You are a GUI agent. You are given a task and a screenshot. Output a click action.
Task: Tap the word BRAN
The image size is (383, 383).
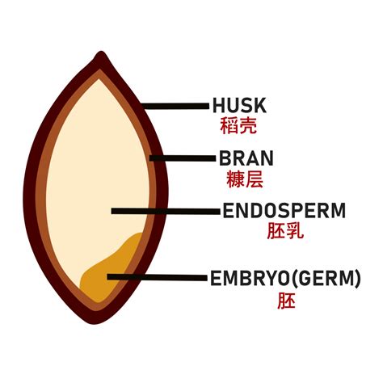pos(246,157)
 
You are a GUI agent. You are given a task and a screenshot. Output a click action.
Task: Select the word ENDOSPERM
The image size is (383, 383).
pos(284,212)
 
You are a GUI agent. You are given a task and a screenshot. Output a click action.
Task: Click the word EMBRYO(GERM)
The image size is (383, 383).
pos(285,280)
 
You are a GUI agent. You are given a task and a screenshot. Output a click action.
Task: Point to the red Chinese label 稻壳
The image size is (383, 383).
pos(238,126)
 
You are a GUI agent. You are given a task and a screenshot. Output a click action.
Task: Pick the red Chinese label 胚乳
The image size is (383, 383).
pos(284,232)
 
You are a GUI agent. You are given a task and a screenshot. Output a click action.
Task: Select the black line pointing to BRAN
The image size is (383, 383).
pos(182,157)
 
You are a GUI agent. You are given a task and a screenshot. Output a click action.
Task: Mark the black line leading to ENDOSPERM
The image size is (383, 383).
pos(166,212)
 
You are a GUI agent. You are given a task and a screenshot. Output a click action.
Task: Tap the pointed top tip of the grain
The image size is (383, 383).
pos(101,56)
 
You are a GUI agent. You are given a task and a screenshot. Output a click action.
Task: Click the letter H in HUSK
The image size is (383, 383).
pos(219,105)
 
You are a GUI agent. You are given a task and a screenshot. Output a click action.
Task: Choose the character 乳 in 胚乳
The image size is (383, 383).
pos(293,232)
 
